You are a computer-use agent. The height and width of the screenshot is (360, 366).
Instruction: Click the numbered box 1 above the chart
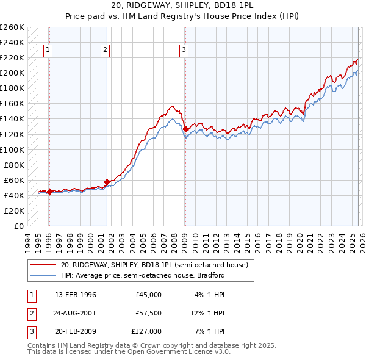(48, 51)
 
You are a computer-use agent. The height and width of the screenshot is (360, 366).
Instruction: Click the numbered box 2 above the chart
(106, 51)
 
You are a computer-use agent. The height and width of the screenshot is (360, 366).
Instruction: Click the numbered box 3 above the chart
(184, 51)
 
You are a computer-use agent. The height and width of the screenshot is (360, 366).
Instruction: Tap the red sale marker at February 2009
(185, 129)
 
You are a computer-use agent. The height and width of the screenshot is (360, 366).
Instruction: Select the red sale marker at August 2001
(107, 182)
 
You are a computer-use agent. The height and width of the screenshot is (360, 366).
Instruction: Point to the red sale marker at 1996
(49, 192)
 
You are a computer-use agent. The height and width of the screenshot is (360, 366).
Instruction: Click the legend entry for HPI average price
(143, 275)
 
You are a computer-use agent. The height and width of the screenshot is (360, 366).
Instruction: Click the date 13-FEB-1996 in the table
(76, 295)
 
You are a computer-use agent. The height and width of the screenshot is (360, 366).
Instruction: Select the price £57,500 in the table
(149, 313)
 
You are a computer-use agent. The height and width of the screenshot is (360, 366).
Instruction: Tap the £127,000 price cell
(147, 331)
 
